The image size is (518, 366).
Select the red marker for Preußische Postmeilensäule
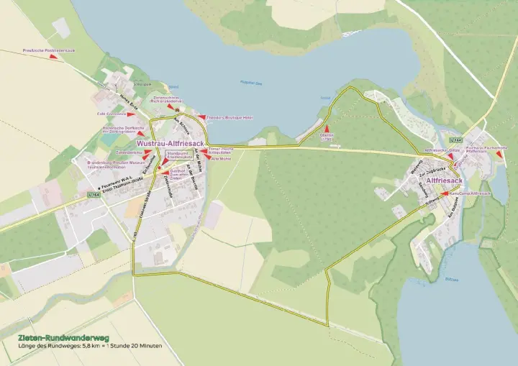pos(54,57)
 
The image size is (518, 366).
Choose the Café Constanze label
pos(112,114)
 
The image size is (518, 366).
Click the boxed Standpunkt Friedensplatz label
pos(177,155)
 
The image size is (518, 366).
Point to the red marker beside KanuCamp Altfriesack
pos(445,193)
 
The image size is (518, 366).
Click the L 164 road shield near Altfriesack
pos(455,139)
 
